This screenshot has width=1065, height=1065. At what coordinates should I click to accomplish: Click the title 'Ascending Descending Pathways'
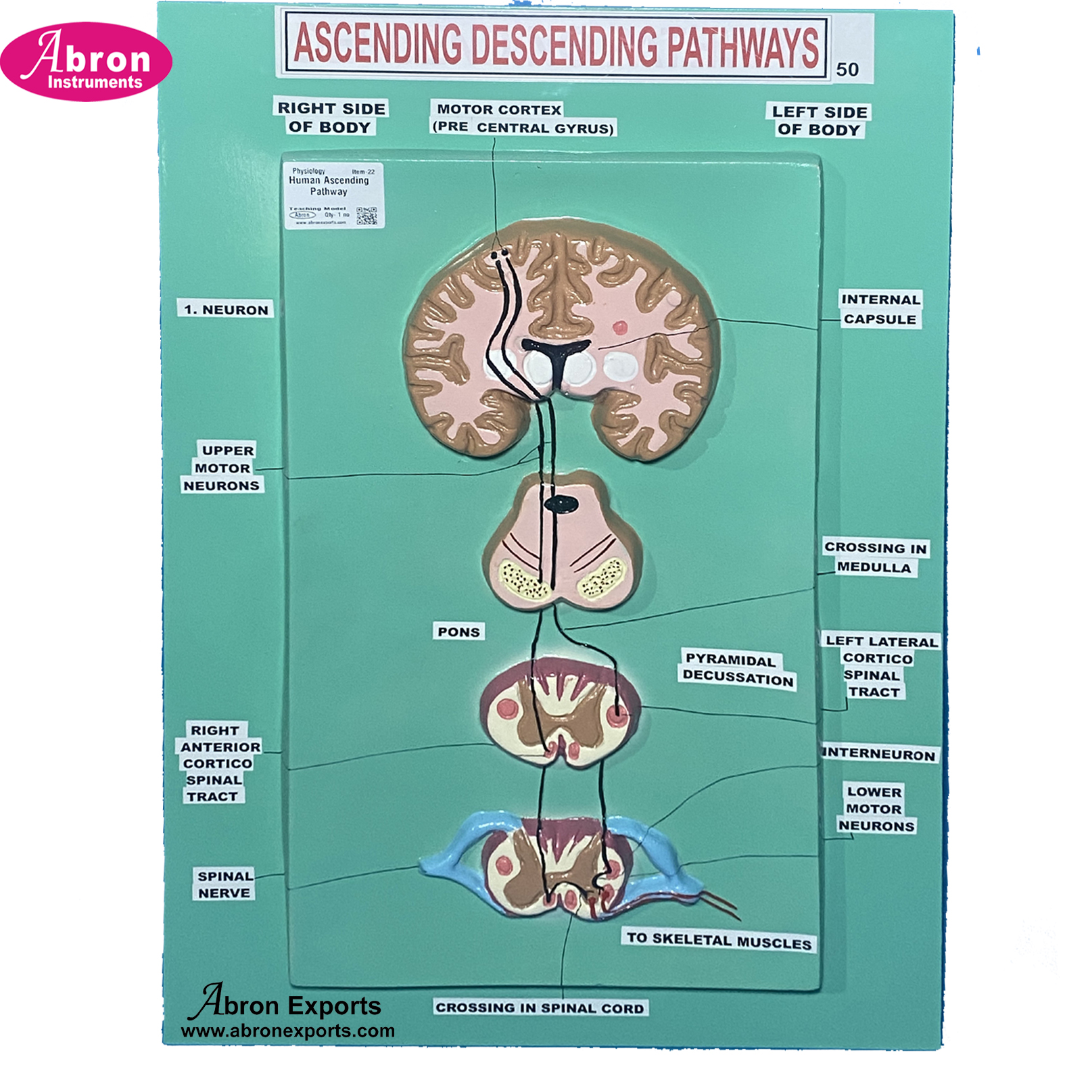click(556, 45)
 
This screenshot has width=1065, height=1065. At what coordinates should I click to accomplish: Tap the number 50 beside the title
click(847, 70)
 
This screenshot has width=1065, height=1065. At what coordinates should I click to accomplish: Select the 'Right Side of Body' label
click(331, 118)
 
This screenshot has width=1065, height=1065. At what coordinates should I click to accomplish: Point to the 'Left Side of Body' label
click(819, 121)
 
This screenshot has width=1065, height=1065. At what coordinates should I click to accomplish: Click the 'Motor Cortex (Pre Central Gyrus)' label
click(522, 119)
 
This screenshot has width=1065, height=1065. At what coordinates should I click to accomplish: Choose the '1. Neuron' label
click(226, 310)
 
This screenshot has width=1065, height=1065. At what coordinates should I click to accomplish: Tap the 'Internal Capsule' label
click(880, 309)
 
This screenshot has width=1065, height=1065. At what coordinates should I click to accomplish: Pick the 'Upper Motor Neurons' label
click(222, 468)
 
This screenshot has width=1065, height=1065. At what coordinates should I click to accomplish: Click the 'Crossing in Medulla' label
click(875, 557)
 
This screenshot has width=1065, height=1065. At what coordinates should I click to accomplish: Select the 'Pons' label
click(458, 632)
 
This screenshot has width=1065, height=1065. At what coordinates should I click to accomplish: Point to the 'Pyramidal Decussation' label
click(737, 669)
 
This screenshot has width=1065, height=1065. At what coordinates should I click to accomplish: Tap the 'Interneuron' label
click(879, 754)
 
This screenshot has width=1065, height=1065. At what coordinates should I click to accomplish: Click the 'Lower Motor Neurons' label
click(876, 809)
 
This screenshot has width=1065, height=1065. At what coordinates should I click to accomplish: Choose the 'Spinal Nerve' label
click(225, 884)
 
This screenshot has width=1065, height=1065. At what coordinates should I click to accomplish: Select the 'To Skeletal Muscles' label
click(718, 940)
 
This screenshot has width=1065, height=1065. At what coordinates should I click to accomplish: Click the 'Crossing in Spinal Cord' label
click(540, 1008)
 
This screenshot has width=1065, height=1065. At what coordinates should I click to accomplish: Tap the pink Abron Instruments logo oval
click(87, 62)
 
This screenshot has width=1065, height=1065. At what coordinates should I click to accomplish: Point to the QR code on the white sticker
click(366, 216)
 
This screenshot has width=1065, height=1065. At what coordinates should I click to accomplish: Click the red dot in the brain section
click(619, 329)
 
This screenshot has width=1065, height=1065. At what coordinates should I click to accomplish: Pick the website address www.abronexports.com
click(288, 1031)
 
